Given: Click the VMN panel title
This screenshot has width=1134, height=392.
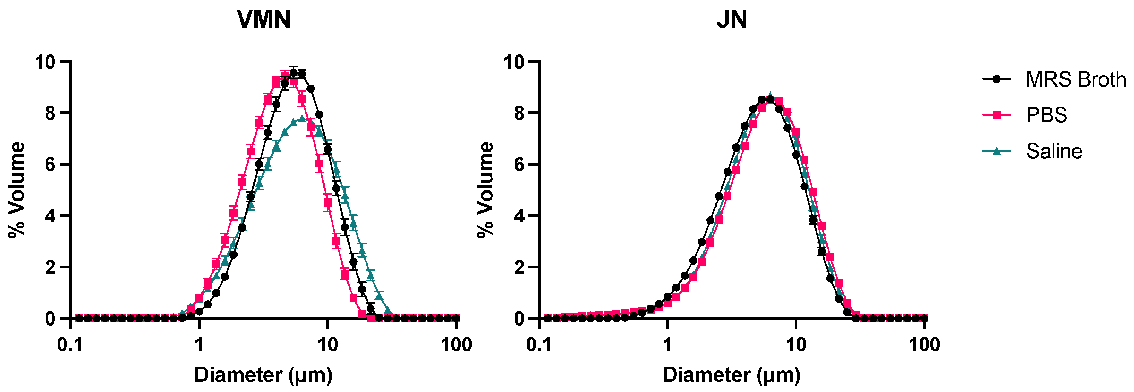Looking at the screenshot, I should (x=263, y=19).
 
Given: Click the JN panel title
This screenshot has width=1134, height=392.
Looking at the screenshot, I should (x=732, y=19).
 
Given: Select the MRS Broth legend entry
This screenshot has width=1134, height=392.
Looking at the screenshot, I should (x=1075, y=79).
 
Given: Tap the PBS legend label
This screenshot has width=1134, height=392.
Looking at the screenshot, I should (x=1046, y=115).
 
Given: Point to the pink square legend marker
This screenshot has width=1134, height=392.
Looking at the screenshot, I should (x=996, y=115).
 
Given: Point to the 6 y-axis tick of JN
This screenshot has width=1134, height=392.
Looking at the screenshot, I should (x=520, y=165).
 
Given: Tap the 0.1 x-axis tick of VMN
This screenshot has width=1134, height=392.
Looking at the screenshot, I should (x=70, y=344).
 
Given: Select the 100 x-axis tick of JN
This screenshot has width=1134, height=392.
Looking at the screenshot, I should (x=924, y=344).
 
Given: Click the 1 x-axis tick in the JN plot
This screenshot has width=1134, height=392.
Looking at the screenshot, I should (x=667, y=344).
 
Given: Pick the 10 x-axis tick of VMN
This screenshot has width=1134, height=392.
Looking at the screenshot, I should (x=328, y=344).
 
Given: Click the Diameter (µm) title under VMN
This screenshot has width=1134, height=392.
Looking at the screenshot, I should (x=263, y=375).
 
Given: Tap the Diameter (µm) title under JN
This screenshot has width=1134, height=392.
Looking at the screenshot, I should (x=732, y=375).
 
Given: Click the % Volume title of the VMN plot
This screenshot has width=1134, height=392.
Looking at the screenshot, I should (x=17, y=190).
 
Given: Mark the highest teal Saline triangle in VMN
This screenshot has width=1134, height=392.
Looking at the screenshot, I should (x=302, y=118).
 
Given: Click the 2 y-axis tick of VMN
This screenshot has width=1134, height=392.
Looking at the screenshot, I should (x=51, y=267).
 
